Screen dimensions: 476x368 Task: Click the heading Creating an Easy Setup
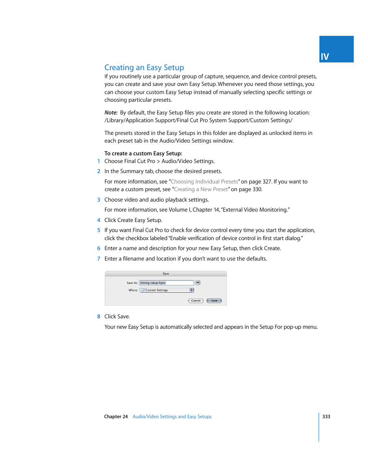coord(144,67)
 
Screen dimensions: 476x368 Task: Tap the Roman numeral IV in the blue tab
coord(325,57)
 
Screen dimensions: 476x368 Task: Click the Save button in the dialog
coord(214,301)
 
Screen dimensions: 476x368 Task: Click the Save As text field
coord(166,283)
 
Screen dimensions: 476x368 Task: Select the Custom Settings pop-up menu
coord(167,290)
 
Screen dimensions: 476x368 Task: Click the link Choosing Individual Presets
coord(204,182)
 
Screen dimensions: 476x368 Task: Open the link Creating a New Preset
coord(201,189)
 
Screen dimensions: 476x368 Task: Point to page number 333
coord(326,417)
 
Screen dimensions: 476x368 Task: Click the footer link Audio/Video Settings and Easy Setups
coord(172,417)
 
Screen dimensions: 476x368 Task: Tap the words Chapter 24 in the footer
coord(116,417)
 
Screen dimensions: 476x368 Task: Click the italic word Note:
coord(111,113)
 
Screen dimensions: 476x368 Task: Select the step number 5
coord(99,230)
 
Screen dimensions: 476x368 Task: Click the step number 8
coord(99,316)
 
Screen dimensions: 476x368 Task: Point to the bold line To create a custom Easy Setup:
coord(143,153)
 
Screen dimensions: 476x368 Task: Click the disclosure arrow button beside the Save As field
coord(198,283)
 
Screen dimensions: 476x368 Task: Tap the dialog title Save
coord(166,274)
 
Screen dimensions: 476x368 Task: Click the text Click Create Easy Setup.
coord(133,220)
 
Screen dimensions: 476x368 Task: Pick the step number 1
coord(99,161)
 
